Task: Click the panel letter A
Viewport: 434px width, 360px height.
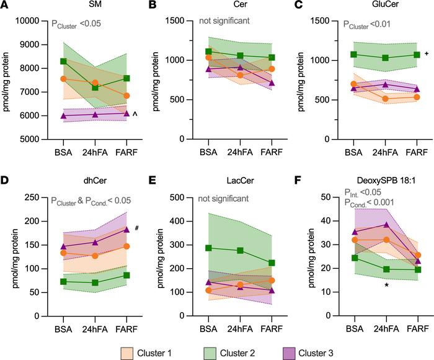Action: (x=6, y=6)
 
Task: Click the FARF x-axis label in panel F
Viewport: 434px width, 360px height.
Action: (x=416, y=326)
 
